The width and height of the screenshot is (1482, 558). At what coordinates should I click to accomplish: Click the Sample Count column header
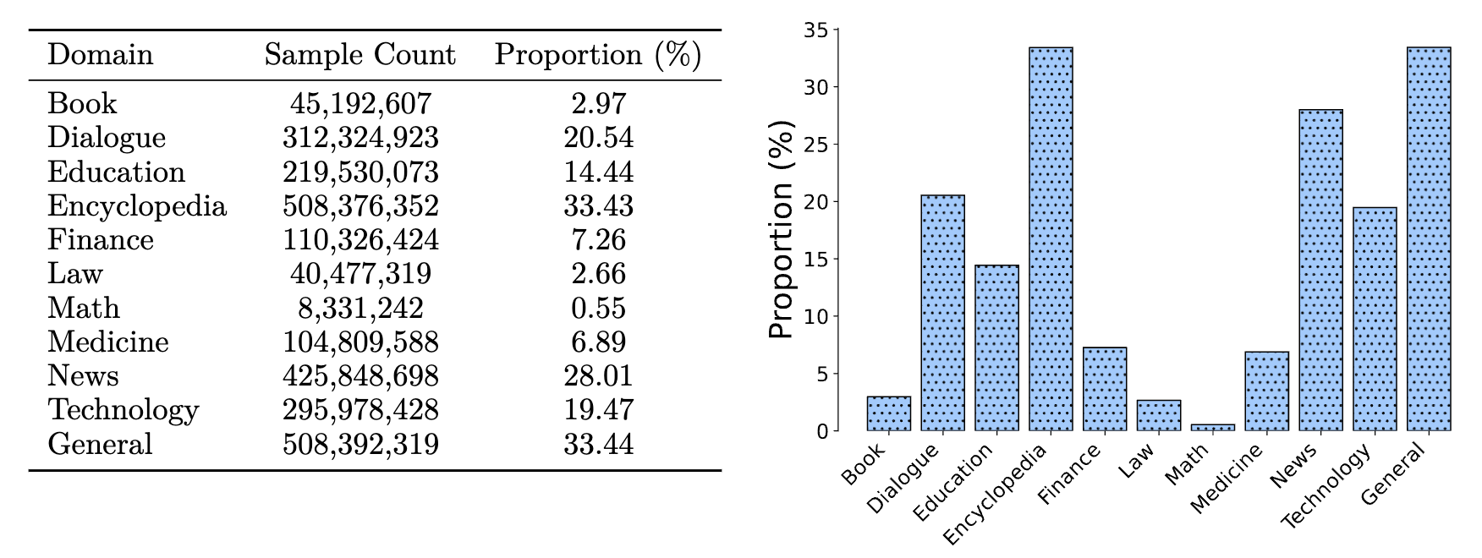[360, 55]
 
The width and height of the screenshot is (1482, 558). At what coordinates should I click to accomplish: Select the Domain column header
[100, 55]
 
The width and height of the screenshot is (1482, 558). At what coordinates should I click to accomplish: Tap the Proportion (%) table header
[598, 55]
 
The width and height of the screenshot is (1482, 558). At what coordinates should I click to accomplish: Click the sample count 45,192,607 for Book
[360, 104]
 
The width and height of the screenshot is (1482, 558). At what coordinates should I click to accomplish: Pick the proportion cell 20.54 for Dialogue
[598, 138]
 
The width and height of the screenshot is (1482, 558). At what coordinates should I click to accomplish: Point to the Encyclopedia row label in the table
[137, 206]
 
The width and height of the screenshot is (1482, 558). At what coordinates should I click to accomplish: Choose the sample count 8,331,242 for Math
[360, 309]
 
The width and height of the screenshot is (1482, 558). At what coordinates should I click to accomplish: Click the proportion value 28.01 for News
[598, 376]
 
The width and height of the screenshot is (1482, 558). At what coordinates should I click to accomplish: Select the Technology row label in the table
[124, 410]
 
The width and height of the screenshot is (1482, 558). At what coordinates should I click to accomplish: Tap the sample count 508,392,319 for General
[360, 444]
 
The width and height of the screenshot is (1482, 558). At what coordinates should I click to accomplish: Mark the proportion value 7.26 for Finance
[598, 240]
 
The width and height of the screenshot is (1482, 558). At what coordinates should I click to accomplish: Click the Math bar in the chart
[1212, 428]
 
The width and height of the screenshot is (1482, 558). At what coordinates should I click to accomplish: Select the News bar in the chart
[1320, 271]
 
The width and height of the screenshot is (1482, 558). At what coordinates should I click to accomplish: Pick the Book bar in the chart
[888, 413]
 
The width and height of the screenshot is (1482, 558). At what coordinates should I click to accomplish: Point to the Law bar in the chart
[1158, 415]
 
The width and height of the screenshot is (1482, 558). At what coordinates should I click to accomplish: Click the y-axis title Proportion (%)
[782, 230]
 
